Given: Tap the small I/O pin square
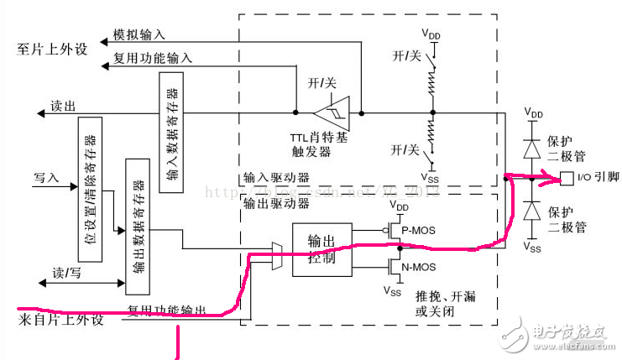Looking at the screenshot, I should point(567,177).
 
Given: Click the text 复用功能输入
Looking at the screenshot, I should point(152,59).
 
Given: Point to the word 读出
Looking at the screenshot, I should point(63,107).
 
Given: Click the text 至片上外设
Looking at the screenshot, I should point(53,49).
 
